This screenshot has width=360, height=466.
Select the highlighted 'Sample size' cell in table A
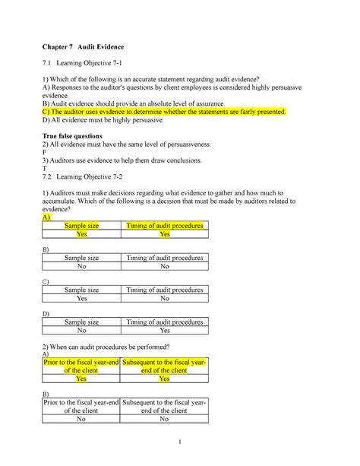82,226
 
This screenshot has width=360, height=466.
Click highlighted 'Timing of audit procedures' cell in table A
165,226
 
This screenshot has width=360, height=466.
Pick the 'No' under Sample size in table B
82,268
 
